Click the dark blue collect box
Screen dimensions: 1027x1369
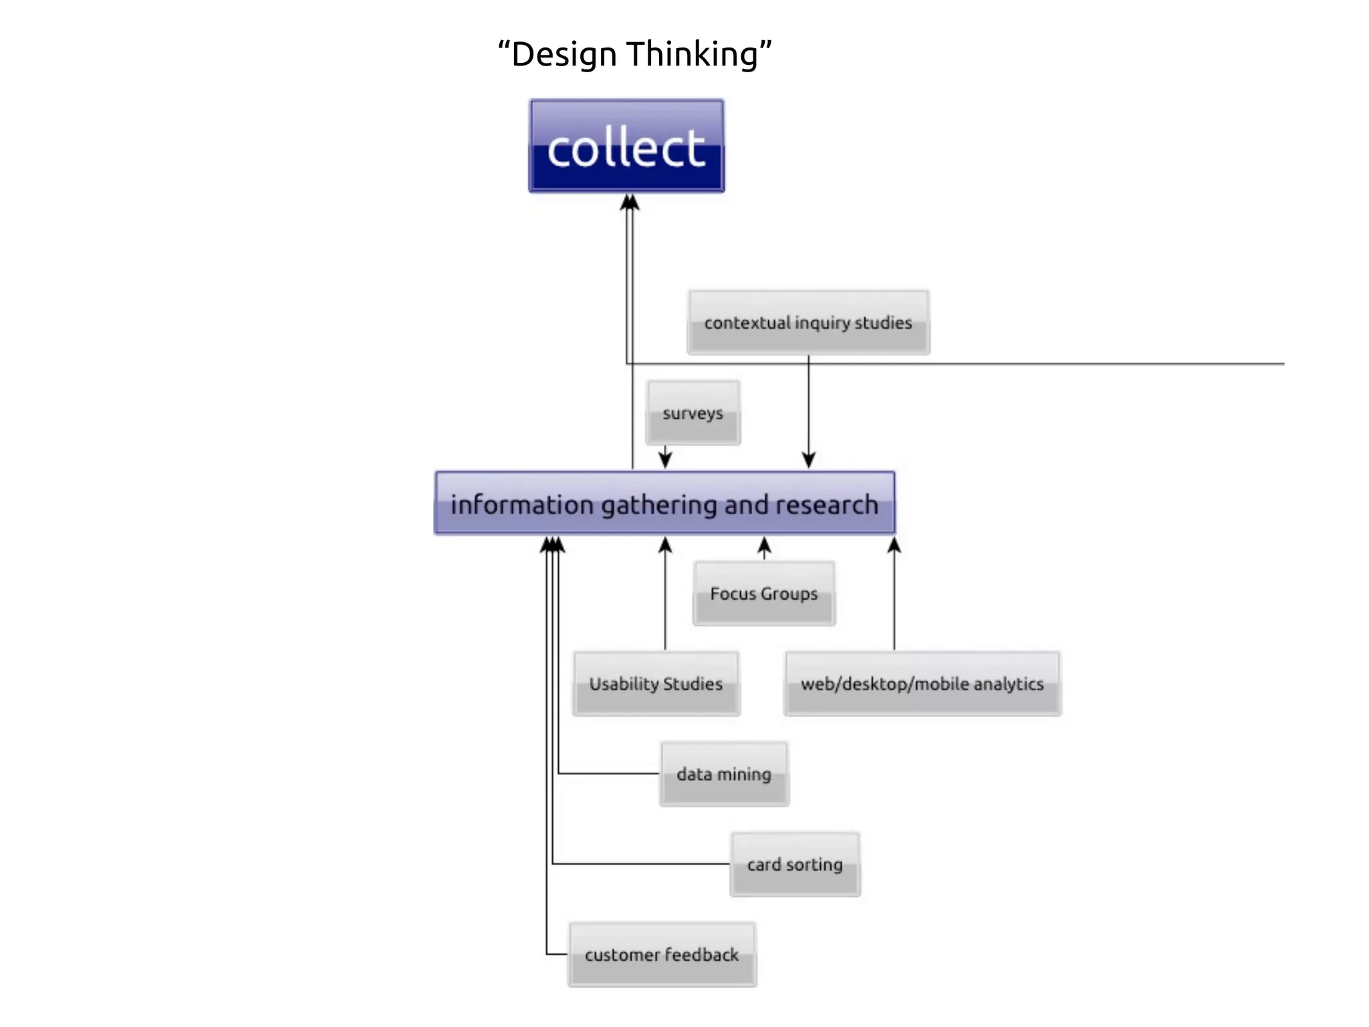pyautogui.click(x=626, y=146)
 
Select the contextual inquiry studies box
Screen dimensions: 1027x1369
pyautogui.click(x=808, y=322)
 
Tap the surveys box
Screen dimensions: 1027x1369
pyautogui.click(x=693, y=413)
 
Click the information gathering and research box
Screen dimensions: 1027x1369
pyautogui.click(x=664, y=503)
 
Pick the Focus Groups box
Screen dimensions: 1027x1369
pyautogui.click(x=764, y=593)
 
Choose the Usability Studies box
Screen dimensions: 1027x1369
pyautogui.click(x=656, y=683)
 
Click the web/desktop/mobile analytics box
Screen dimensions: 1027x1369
pyautogui.click(x=922, y=683)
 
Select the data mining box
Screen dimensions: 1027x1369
pyautogui.click(x=724, y=774)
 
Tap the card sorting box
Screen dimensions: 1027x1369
pyautogui.click(x=795, y=864)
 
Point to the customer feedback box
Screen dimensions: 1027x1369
pyautogui.click(x=662, y=954)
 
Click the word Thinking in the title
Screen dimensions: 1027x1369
pyautogui.click(x=693, y=54)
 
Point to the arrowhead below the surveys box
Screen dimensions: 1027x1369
pyautogui.click(x=665, y=460)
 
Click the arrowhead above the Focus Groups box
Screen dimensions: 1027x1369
pyautogui.click(x=765, y=546)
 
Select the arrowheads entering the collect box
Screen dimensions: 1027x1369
pyautogui.click(x=629, y=202)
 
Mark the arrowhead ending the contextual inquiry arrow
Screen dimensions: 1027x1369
pyautogui.click(x=809, y=460)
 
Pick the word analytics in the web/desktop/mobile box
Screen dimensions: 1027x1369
pyautogui.click(x=1009, y=684)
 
